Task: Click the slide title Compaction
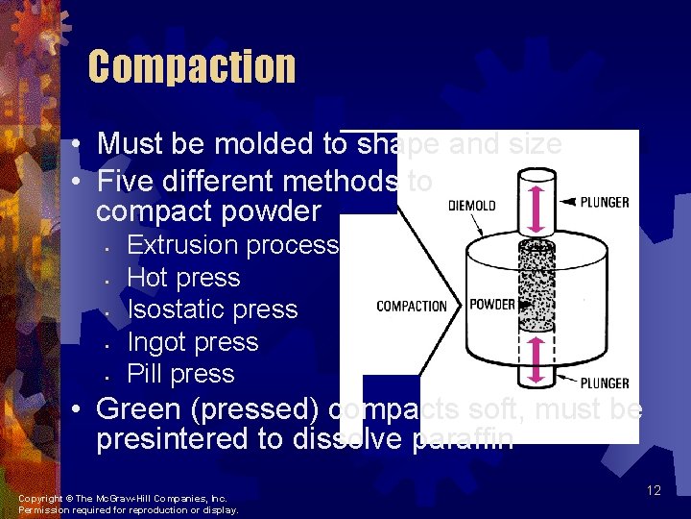pos(192,67)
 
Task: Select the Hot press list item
pos(183,278)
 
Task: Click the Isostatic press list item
pos(212,309)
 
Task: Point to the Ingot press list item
pos(193,342)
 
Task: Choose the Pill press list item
pos(180,374)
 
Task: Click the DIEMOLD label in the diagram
pos(472,205)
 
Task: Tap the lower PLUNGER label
pos(605,383)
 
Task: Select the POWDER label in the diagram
pos(491,305)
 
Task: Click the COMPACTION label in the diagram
pos(412,306)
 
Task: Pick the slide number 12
pos(654,491)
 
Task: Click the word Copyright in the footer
pos(39,498)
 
